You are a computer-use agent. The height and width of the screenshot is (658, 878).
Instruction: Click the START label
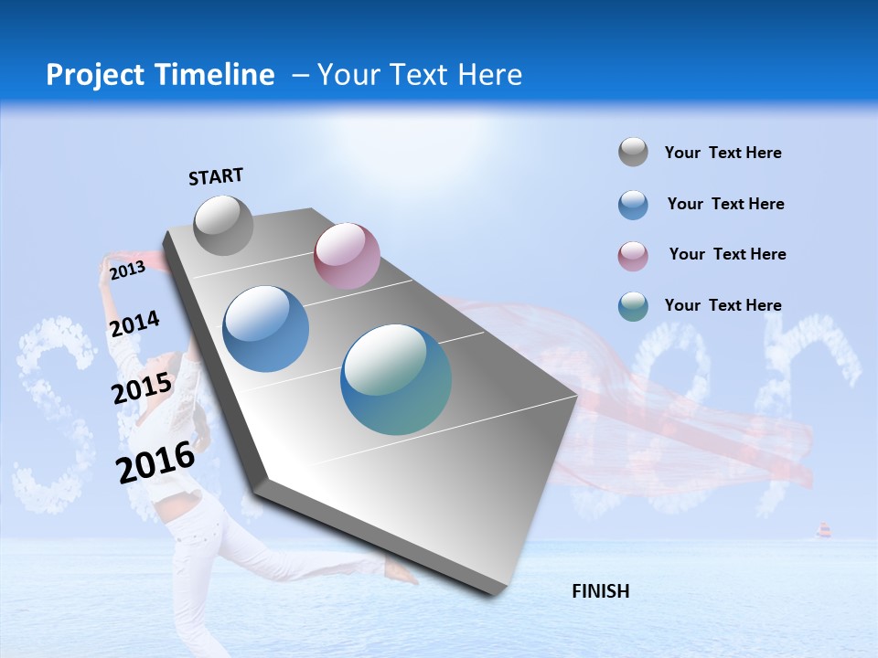click(x=216, y=176)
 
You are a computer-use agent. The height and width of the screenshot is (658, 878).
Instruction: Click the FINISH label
click(x=600, y=591)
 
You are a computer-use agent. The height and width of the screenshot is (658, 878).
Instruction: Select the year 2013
click(x=127, y=270)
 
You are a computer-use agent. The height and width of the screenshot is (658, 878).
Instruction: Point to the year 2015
click(x=142, y=388)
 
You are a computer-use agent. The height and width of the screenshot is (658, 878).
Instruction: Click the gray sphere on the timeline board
click(x=223, y=225)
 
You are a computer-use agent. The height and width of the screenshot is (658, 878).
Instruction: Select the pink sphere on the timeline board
click(x=347, y=256)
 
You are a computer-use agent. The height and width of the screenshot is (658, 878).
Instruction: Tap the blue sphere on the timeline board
click(x=266, y=329)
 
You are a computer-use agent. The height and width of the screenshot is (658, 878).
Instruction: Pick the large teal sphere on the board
click(x=396, y=379)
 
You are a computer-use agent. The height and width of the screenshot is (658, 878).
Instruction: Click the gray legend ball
click(x=633, y=152)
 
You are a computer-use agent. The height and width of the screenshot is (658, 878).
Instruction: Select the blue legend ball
click(x=633, y=204)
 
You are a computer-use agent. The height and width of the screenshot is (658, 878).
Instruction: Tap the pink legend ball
click(x=633, y=255)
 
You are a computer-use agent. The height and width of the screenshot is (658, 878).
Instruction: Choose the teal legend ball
click(x=633, y=305)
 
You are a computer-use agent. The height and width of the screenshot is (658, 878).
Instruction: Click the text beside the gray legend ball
click(x=723, y=153)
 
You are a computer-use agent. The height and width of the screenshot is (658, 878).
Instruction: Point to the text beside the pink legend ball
click(x=727, y=254)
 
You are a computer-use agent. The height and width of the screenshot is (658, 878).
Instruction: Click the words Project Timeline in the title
click(x=160, y=75)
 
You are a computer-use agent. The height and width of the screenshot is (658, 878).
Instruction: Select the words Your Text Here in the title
click(x=419, y=75)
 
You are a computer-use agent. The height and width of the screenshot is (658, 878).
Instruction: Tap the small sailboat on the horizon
click(x=823, y=531)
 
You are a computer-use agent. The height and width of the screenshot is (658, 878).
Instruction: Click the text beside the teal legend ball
click(x=723, y=305)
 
